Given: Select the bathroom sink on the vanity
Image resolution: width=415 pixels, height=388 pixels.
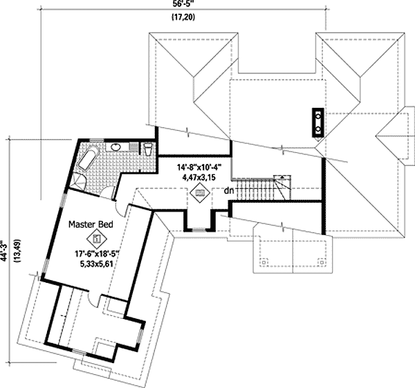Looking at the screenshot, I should [116, 147].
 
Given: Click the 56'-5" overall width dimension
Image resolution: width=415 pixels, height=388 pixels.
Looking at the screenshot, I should [182, 5].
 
